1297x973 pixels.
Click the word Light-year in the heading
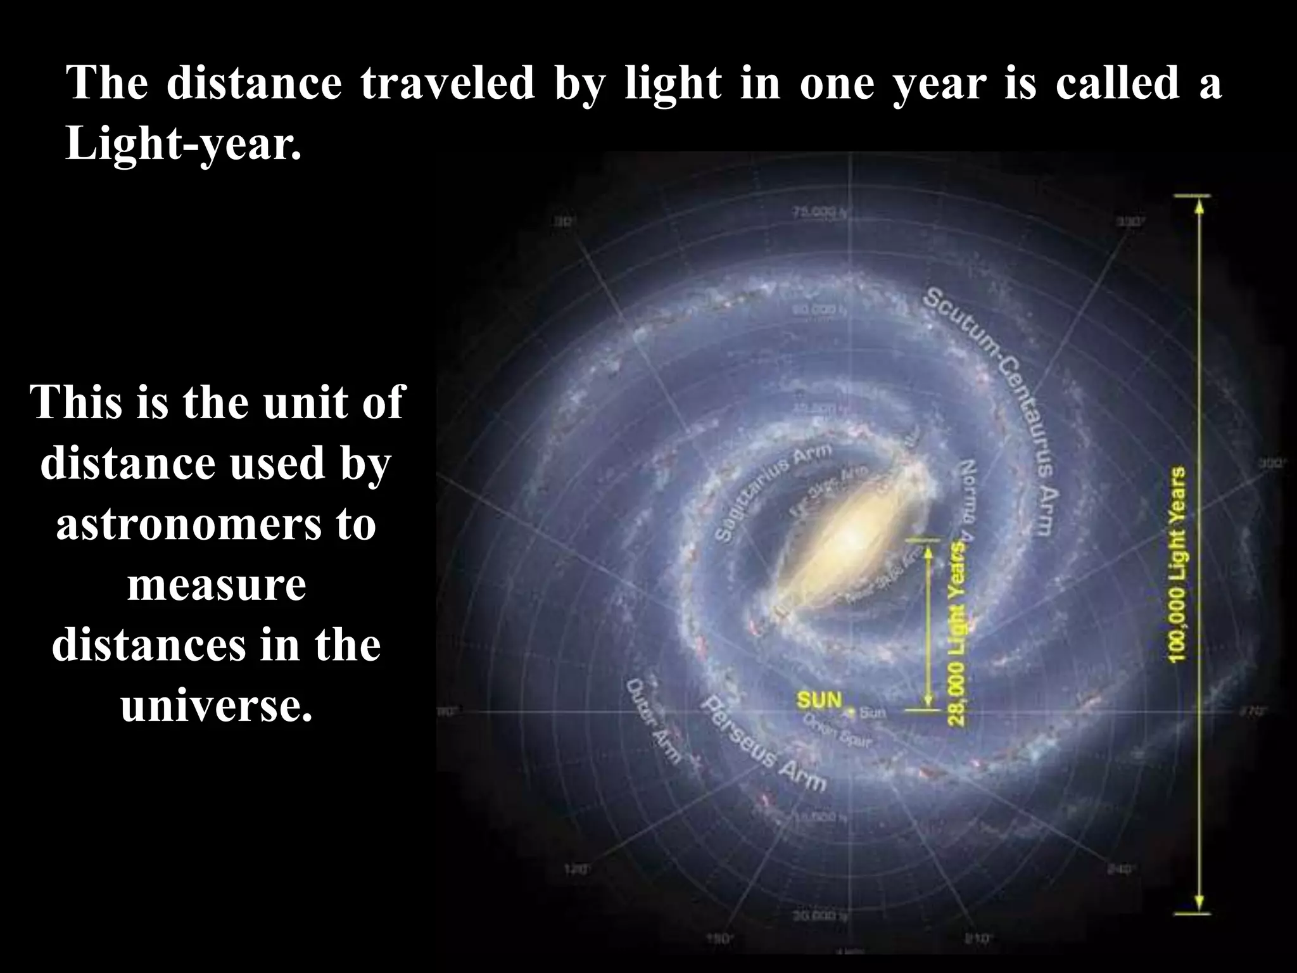pyautogui.click(x=183, y=144)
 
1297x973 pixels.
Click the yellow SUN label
pyautogui.click(x=819, y=700)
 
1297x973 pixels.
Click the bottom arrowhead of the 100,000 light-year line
pyautogui.click(x=1198, y=903)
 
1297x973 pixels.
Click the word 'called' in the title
pyautogui.click(x=1117, y=83)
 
